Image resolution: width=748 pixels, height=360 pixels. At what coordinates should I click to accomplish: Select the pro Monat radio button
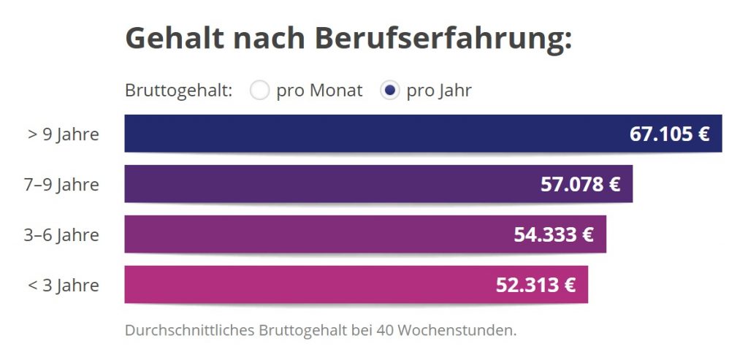point(259,91)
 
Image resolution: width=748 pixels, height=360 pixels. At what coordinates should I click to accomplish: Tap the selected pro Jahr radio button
point(390,91)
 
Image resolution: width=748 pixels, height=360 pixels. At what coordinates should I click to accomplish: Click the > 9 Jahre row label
point(64,134)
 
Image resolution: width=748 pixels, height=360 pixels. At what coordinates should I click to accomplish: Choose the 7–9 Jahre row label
point(61,184)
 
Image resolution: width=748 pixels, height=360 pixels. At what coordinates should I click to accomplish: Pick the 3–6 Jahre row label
point(61,235)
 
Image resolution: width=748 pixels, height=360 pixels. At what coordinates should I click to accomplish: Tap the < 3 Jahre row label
point(64,285)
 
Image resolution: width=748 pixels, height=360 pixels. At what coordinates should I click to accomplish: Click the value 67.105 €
point(669,134)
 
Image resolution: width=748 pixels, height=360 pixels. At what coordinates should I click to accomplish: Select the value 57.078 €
point(580,184)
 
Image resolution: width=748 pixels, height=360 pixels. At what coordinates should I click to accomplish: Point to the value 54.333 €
point(554,235)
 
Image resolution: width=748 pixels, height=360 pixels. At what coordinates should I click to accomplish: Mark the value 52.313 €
point(535,285)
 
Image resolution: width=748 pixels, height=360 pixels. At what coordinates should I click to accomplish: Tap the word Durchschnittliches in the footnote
point(190,330)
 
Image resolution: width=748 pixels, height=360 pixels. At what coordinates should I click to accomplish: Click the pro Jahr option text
point(439,91)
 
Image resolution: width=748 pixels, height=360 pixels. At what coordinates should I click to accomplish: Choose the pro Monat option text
point(319,91)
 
